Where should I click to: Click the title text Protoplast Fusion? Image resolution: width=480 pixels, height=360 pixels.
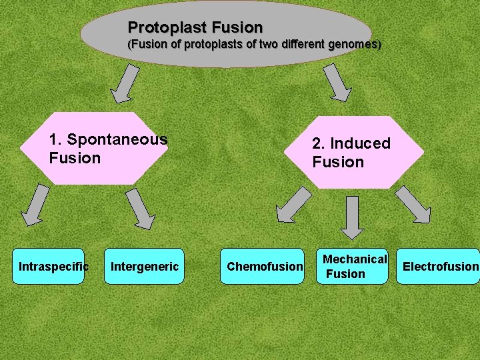point(195,27)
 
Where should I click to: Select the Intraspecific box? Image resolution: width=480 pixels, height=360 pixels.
point(53,267)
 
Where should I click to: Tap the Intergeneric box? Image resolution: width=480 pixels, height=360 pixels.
point(144,267)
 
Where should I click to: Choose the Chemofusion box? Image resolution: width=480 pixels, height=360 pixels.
point(264,267)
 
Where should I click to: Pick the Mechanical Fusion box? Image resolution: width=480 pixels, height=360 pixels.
point(353,267)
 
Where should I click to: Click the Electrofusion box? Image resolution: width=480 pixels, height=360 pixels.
point(439,267)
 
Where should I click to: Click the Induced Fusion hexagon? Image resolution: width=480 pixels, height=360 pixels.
point(353,152)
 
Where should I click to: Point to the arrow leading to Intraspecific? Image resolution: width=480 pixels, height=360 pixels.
point(35,205)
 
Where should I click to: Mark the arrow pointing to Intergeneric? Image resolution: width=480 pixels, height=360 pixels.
point(140,209)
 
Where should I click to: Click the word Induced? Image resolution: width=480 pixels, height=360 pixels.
point(360,143)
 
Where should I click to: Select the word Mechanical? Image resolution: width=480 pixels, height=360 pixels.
point(355,259)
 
